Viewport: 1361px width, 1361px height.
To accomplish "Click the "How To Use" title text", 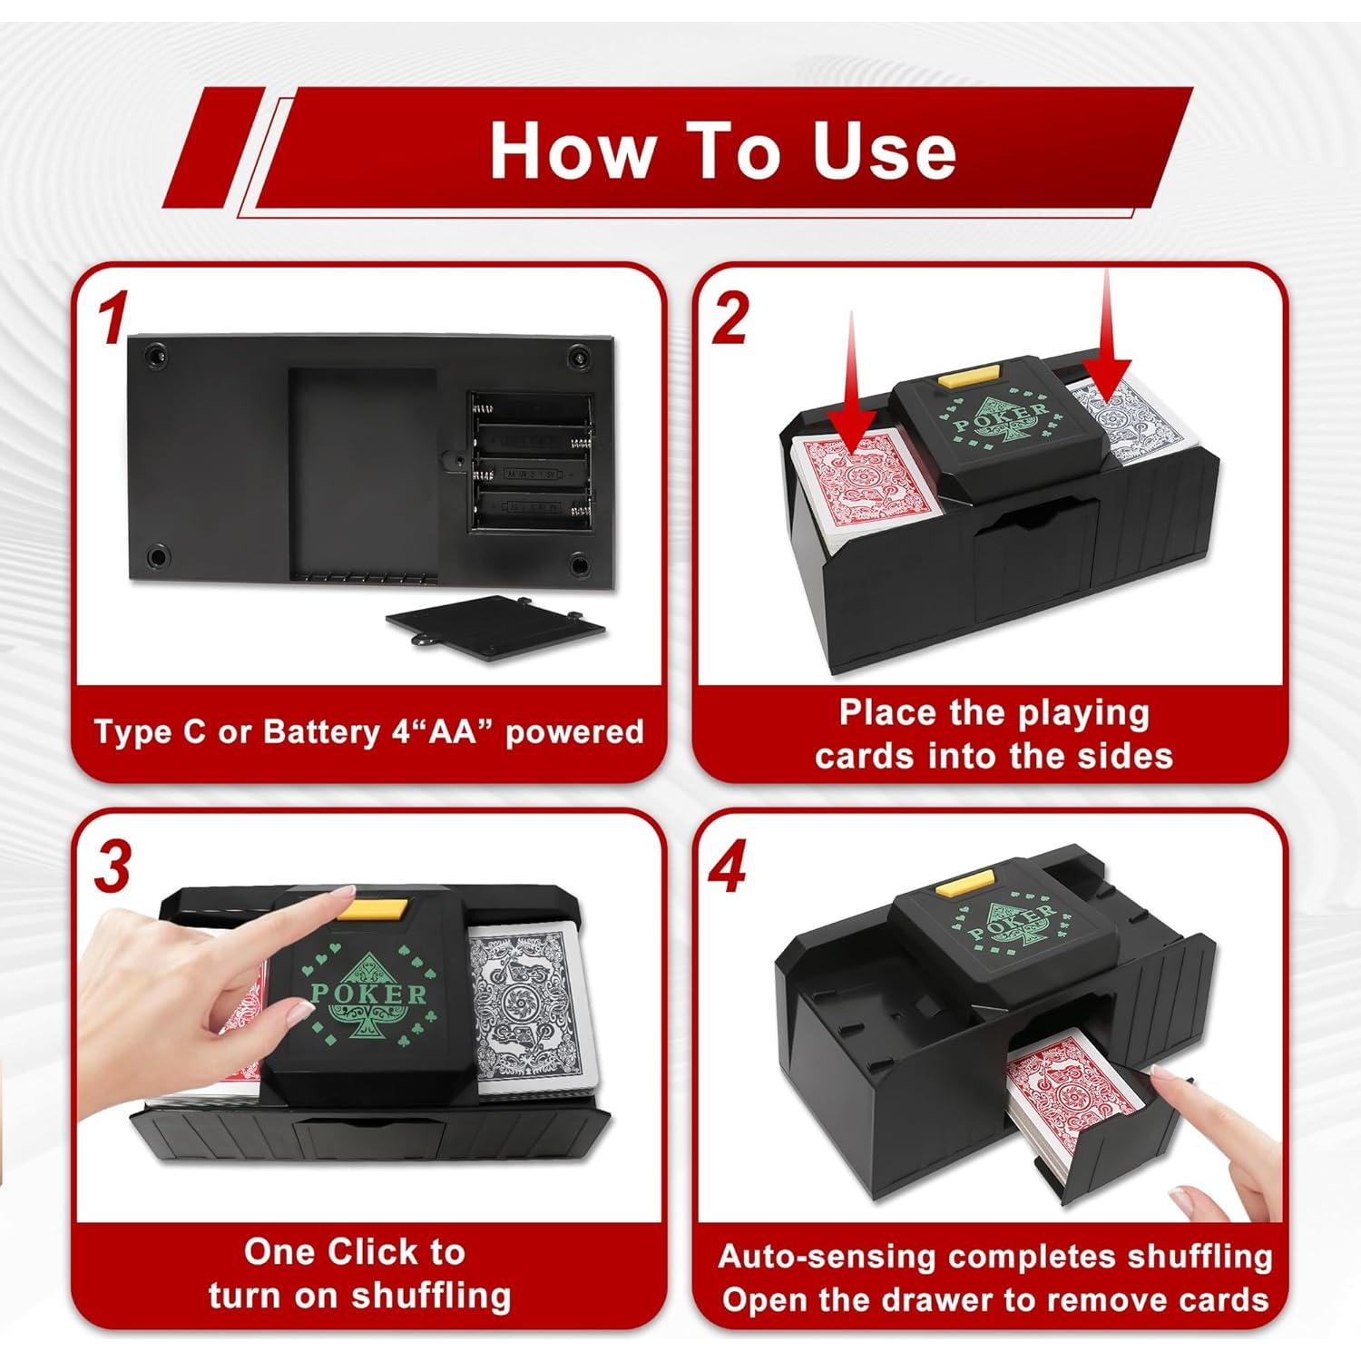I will point(722,151).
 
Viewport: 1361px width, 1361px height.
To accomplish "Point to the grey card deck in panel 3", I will point(531,1007).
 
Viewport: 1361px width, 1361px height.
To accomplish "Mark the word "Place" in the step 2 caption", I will point(884,712).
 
